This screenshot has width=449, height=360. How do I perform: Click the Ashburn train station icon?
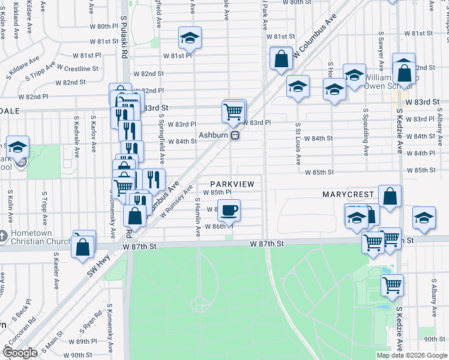click(x=236, y=135)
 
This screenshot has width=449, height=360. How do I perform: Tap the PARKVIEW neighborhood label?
click(x=237, y=183)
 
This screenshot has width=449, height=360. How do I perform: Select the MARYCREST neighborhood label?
click(x=348, y=195)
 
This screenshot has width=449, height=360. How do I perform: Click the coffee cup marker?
click(x=229, y=211)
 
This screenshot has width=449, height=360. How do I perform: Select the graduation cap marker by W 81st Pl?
click(x=190, y=39)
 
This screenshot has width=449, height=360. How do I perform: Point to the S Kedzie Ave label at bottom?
click(x=399, y=329)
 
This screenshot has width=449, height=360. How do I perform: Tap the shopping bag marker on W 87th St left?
click(x=83, y=245)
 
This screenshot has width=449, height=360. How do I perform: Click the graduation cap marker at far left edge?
click(x=18, y=147)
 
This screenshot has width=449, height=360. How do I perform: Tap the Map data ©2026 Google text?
click(x=412, y=355)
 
